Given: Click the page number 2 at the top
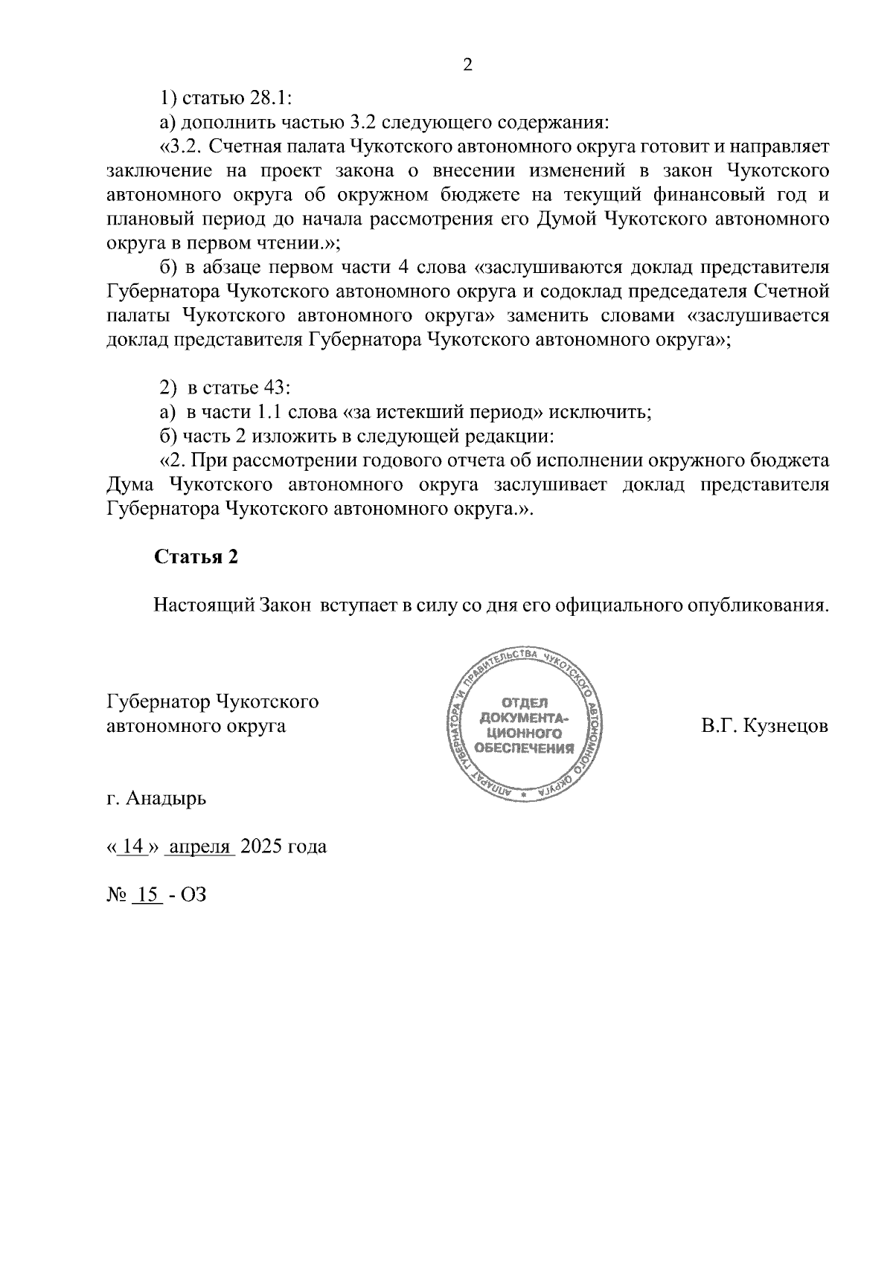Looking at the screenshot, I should click(467, 65).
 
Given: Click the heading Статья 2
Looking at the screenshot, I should click(196, 557).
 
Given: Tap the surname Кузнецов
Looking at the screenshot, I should click(784, 725).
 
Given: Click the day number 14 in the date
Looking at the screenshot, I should click(133, 846).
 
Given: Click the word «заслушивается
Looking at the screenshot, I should click(758, 315).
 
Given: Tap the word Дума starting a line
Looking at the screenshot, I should click(130, 485).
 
